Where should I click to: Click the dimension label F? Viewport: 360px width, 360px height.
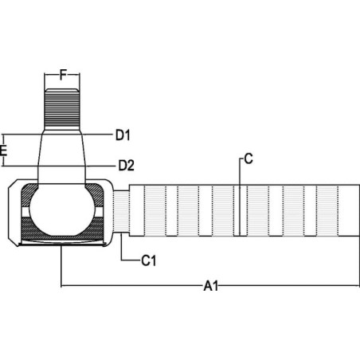63,75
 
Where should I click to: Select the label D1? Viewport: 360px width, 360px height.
123,135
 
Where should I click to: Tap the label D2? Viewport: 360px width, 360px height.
126,166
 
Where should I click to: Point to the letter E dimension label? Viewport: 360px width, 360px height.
3,151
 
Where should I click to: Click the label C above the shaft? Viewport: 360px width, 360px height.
248,159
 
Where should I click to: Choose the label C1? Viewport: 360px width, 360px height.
148,260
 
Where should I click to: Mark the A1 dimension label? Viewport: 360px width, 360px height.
211,287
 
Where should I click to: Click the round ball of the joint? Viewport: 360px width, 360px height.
62,209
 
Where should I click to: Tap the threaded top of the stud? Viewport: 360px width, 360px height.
62,109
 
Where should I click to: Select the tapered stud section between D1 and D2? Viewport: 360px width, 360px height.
62,151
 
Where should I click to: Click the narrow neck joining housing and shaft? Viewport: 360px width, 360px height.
121,212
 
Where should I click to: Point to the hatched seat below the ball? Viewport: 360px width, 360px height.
62,229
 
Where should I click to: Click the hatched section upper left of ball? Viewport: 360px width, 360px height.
29,193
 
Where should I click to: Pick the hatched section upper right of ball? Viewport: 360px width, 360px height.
96,193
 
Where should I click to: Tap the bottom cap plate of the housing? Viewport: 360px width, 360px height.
63,243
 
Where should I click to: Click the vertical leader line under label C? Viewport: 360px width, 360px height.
240,197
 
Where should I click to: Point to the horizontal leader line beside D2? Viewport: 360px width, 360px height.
100,166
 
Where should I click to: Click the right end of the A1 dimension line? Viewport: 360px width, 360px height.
359,286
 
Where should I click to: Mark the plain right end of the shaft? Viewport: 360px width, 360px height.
350,210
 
